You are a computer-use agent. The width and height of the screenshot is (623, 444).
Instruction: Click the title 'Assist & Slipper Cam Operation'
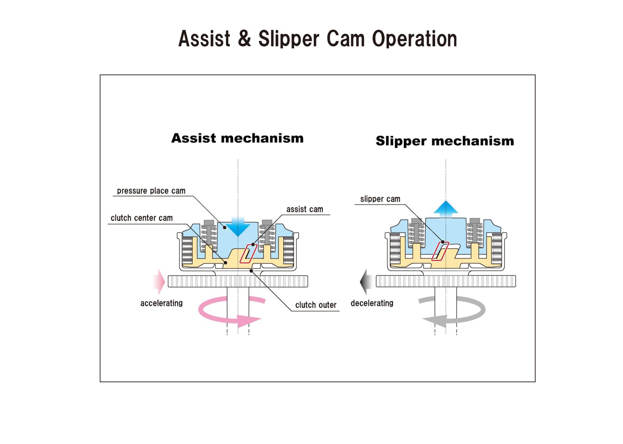pos(317,39)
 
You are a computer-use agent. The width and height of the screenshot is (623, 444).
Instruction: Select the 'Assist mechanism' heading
pos(237,138)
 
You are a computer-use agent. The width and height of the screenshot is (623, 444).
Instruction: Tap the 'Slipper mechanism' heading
pos(445,141)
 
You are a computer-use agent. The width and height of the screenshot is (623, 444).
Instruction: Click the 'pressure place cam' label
pos(151,191)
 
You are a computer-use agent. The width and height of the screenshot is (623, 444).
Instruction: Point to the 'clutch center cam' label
pos(141,218)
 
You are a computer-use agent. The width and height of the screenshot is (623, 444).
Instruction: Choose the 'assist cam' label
pos(304,209)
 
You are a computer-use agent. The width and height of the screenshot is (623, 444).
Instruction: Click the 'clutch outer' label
pos(315,305)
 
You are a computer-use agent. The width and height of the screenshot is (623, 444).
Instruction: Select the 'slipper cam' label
pos(380,199)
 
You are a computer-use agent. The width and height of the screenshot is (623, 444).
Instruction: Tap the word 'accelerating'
pos(161,303)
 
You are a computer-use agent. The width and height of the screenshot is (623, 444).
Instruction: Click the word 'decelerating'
pos(372,303)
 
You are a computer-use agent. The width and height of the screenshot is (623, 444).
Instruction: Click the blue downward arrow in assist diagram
pos(238,227)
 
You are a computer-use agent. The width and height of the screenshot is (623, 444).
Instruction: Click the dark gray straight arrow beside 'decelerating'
pos(366,281)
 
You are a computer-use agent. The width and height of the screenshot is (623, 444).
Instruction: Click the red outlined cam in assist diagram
pos(248,254)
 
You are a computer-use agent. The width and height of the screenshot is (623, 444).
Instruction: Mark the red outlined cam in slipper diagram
pos(440,251)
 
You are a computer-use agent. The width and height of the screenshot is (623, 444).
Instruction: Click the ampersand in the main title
pos(244,39)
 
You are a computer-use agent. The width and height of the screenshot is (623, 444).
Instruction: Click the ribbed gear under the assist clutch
pos(238,281)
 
